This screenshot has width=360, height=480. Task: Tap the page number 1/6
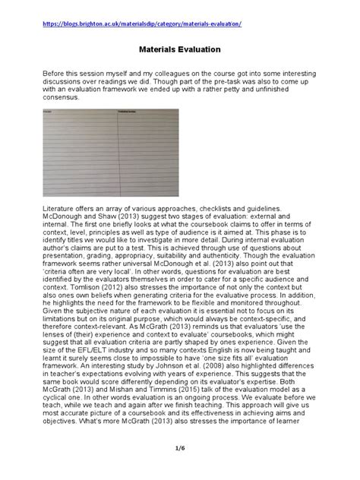click(x=179, y=456)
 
